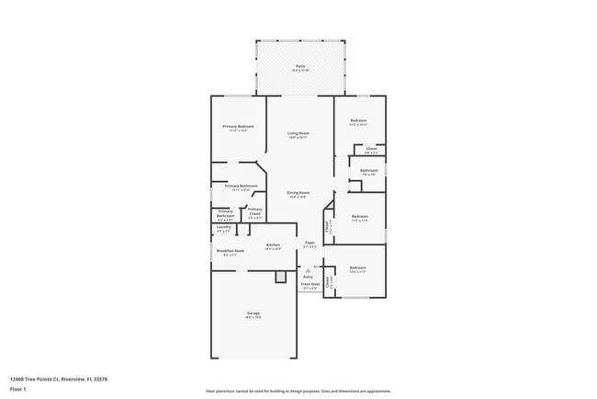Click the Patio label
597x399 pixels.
coord(300,66)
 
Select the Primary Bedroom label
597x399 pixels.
coord(238,127)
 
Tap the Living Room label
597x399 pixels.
coord(298,133)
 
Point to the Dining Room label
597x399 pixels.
coord(298,192)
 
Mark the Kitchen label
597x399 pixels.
coord(273,245)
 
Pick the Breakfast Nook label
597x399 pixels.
coord(230,251)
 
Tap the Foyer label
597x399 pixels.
coord(310,244)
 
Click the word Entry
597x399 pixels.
coord(308,277)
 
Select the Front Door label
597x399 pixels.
coord(309,284)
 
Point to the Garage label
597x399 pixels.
coord(253,313)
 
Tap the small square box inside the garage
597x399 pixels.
coord(280,278)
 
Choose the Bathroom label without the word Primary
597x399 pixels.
coord(369,170)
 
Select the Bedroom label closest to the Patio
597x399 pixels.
coord(358,120)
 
